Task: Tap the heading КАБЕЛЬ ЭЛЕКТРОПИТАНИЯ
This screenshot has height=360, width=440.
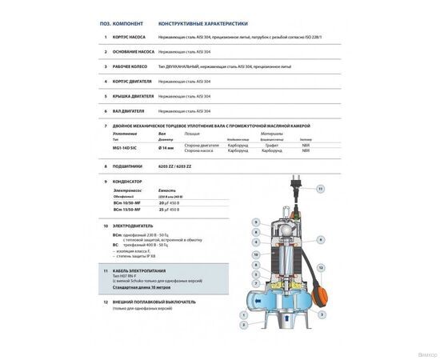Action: click(x=142, y=272)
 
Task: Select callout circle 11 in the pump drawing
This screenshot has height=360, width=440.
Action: click(x=321, y=189)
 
